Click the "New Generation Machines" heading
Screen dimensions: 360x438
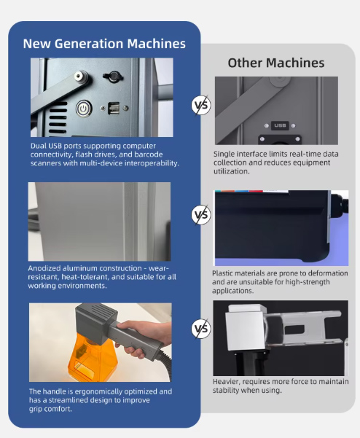pos(104,44)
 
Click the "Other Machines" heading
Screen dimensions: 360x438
pos(276,63)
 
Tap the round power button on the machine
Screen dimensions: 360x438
pos(84,109)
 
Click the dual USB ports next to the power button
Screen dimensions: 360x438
pos(114,108)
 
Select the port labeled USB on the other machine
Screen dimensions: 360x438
pos(280,125)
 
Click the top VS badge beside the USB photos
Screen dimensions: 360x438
pos(201,105)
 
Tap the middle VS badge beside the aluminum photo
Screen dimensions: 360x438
pos(201,214)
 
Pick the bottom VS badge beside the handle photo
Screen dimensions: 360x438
pos(201,328)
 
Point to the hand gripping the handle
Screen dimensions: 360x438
pos(142,338)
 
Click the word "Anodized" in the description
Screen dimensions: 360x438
pos(44,268)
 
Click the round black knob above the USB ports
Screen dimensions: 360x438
pos(112,77)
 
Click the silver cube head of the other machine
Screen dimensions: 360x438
pos(246,331)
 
